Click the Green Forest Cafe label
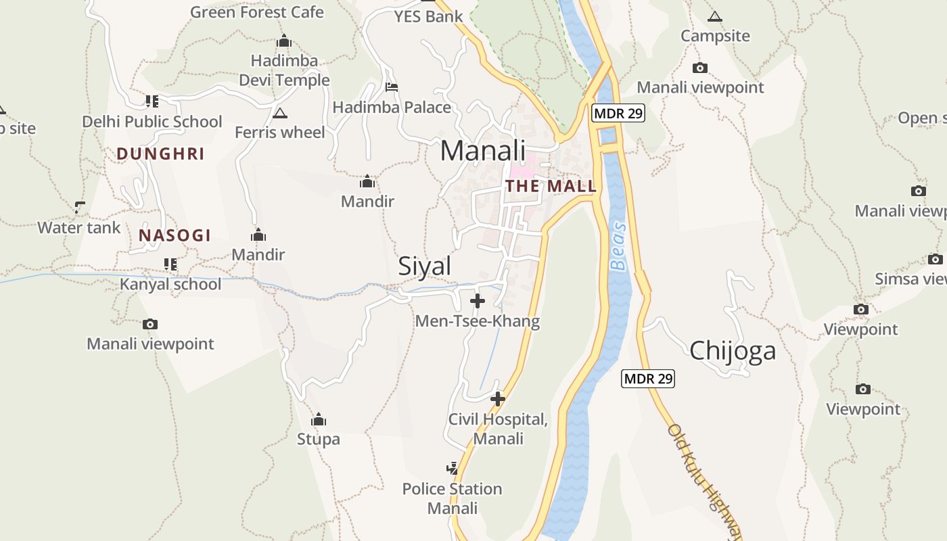(x=256, y=12)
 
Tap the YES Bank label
(x=429, y=16)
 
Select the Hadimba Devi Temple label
(x=284, y=70)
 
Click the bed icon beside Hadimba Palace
(x=391, y=87)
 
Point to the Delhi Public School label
(x=152, y=122)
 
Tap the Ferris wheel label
(x=280, y=132)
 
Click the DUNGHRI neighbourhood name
(x=160, y=154)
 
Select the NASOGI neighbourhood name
(x=175, y=236)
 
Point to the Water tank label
(x=79, y=228)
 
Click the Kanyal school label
(x=170, y=284)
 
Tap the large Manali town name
(x=482, y=150)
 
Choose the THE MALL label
(x=551, y=186)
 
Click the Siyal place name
(x=424, y=266)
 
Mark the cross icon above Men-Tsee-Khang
(x=478, y=300)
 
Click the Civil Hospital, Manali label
(x=498, y=429)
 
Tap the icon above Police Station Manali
(x=453, y=468)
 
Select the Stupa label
(x=319, y=440)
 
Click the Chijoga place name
(x=733, y=351)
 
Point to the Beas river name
(x=618, y=246)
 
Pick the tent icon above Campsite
(x=714, y=16)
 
